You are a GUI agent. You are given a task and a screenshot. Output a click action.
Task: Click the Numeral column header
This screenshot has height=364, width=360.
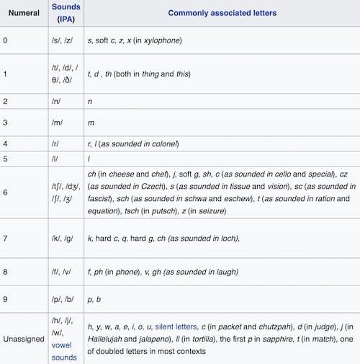pos(24,13)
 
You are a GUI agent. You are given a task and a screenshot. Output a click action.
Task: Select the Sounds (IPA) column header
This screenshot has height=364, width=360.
pos(66,13)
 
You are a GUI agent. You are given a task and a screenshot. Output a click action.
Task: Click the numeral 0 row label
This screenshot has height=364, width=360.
pos(6,40)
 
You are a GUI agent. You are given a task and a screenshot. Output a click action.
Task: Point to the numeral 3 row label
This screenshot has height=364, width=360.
pos(6,123)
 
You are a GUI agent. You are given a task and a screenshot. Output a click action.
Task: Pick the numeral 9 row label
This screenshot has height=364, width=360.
pos(6,295)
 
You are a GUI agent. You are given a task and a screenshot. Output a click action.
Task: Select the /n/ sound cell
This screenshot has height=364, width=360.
pos(60,102)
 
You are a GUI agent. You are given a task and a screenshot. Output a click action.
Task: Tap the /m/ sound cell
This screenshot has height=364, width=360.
pos(60,123)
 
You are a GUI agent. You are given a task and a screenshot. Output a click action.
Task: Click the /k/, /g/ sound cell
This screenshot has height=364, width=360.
pos(65,237)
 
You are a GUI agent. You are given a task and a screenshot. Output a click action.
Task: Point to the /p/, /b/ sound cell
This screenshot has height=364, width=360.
pos(65,295)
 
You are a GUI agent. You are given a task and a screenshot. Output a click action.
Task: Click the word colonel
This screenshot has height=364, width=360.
pos(163,144)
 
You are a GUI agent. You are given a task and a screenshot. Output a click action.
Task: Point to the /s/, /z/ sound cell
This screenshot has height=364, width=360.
pos(64,40)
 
